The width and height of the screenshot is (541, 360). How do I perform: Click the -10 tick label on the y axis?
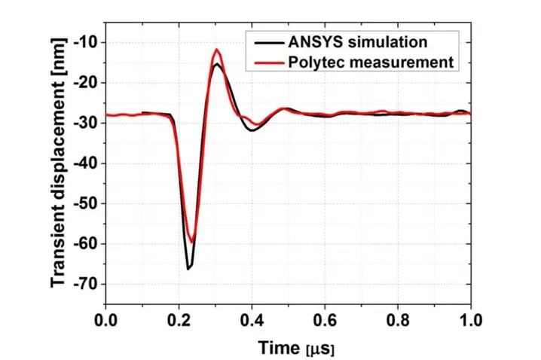pos(86,42)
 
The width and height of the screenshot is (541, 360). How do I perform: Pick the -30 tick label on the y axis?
pos(86,123)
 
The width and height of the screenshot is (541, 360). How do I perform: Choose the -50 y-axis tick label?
pos(86,203)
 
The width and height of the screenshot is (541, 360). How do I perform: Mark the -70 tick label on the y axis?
pos(86,284)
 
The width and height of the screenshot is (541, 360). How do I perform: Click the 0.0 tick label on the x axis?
pos(106,318)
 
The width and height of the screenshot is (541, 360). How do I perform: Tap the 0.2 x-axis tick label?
pos(179,318)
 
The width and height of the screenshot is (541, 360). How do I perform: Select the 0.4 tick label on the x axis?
pos(252,318)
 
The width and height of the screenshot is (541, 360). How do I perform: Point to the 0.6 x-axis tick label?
pos(325,318)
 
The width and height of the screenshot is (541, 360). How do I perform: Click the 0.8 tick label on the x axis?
pos(398,318)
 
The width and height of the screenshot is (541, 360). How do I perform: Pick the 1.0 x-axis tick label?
pos(470,318)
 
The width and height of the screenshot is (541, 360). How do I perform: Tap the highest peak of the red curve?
pos(217,50)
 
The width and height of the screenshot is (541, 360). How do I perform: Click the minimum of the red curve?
pos(191,242)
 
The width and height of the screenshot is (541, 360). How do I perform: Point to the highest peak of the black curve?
pos(217,64)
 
